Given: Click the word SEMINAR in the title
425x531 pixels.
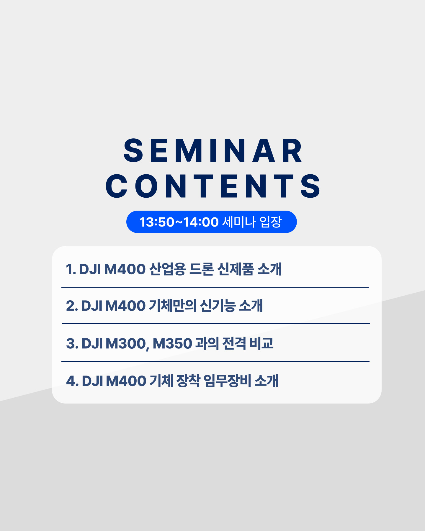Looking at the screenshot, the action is [x=213, y=151].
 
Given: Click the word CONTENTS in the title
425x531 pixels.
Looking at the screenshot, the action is [x=213, y=186].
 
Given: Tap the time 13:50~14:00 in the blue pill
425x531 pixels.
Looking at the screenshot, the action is [x=179, y=222].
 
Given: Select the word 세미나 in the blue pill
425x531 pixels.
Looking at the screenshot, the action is [x=239, y=222].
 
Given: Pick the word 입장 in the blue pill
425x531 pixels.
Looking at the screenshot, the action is [x=271, y=222].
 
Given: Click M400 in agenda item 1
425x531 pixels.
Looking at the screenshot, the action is [x=125, y=269].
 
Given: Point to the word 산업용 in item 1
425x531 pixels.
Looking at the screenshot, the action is [x=167, y=269].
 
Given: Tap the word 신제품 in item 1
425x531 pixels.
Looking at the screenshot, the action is [x=235, y=269].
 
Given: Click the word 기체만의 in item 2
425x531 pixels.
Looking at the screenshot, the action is [x=173, y=306].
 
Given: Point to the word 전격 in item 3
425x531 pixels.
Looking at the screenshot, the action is [x=234, y=343].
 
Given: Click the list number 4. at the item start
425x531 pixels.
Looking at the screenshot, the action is [x=72, y=381].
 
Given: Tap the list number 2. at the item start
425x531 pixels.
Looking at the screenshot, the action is [x=72, y=306].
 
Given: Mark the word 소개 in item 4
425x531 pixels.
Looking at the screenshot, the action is [x=266, y=381].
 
